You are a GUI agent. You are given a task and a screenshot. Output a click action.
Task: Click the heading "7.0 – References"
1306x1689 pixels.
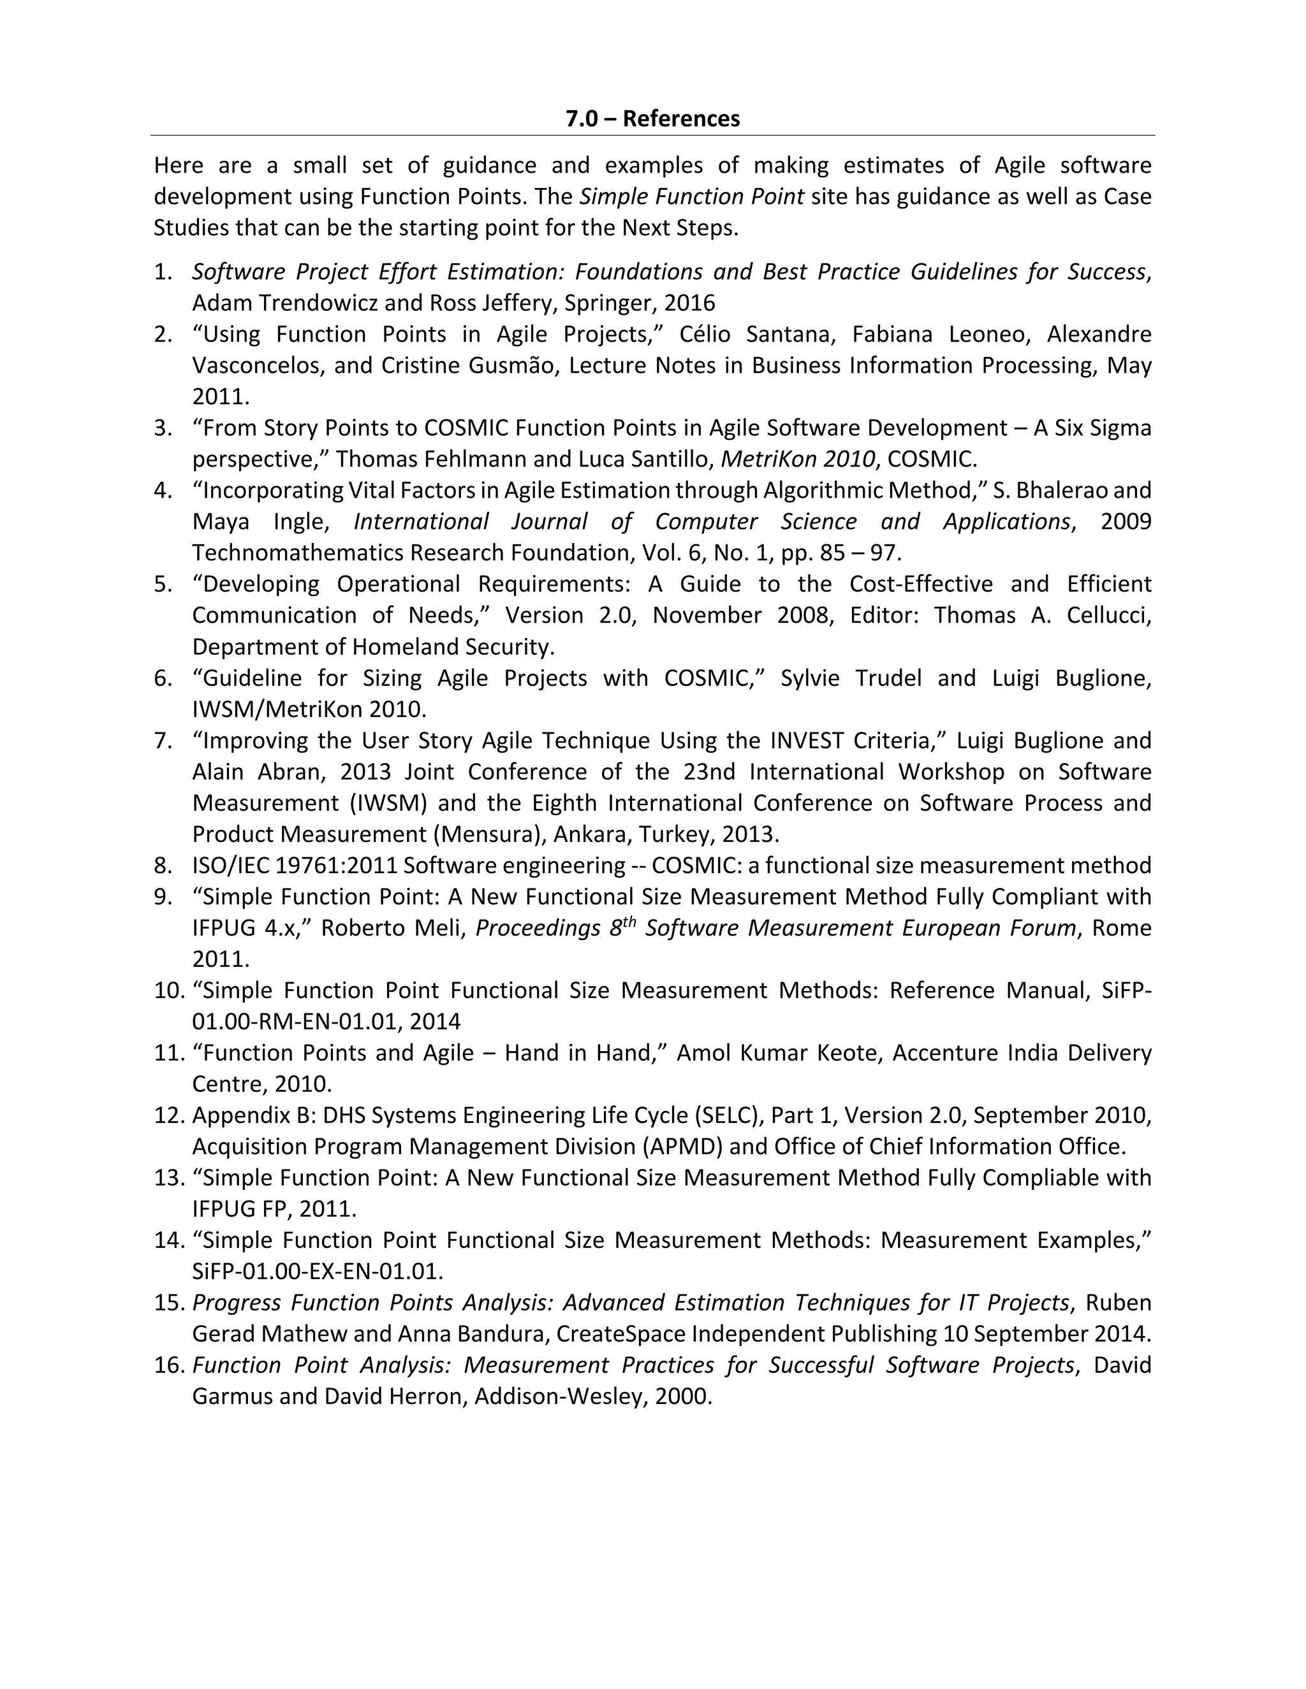click(652, 119)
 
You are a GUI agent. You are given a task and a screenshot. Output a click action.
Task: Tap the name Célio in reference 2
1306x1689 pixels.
click(706, 334)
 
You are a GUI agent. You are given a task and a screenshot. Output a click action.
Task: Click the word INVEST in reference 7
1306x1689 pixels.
click(806, 740)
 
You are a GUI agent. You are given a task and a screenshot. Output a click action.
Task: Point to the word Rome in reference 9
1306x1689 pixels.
click(1121, 927)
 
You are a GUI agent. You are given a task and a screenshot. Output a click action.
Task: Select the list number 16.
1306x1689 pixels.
click(168, 1365)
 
